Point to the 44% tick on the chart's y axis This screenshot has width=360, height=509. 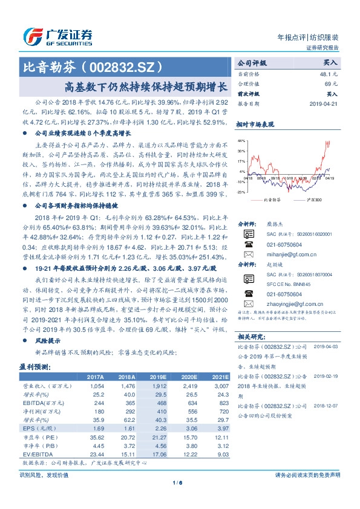click(241, 140)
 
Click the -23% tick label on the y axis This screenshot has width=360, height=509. click(241, 192)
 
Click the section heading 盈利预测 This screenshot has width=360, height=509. click(34, 366)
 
